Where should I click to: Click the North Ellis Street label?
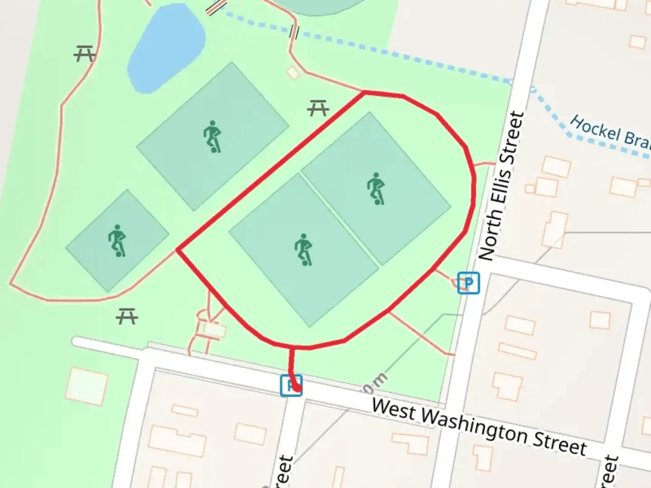tap(501, 186)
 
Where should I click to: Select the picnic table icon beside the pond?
tap(84, 54)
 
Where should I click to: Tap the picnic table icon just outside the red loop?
tap(318, 108)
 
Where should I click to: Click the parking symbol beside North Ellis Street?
tap(468, 283)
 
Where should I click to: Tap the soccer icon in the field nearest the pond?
tap(212, 136)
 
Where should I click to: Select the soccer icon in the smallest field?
tap(117, 240)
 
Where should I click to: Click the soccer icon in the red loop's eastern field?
tap(376, 188)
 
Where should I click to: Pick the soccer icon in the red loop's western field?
tap(303, 249)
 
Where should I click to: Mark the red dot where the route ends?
tap(297, 387)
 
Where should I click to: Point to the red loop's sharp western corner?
tap(178, 250)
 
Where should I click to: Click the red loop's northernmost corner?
tap(365, 93)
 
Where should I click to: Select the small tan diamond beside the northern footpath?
tap(293, 72)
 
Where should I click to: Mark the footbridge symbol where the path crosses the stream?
tap(294, 32)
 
